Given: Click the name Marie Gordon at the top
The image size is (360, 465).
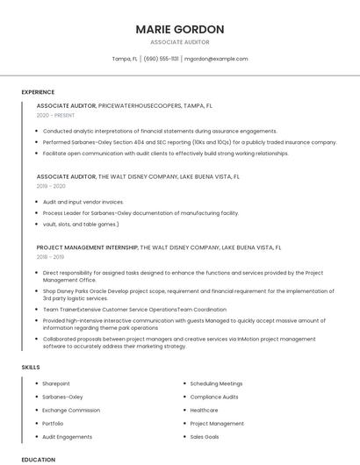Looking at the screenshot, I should coord(179,29).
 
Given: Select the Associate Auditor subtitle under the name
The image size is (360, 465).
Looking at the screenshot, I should coord(179,42).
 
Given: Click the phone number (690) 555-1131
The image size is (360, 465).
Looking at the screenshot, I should coord(161,59).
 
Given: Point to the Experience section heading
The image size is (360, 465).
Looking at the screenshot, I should coord(38,92).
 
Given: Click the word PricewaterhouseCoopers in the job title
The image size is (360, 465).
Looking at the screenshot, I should coord(140,105).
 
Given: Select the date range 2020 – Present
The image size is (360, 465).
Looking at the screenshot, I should coord(55,116).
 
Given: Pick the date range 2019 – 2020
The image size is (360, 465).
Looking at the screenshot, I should coord(51,186).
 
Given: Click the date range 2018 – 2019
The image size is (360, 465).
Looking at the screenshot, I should coord(50,257).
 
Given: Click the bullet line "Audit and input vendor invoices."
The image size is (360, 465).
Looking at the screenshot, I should coord(83,201).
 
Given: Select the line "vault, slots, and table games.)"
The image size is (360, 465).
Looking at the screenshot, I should coord(81,224).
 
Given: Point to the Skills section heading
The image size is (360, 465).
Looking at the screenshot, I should coord(31,368).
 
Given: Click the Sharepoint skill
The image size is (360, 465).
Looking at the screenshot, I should coord(56,383).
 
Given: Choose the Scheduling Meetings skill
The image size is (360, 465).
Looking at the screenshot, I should coord(216,383).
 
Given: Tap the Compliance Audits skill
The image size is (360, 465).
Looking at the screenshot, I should coord(214,397).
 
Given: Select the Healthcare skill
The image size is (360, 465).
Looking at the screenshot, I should coord(205,410).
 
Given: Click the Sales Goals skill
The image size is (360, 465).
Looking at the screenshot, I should coord(205,436).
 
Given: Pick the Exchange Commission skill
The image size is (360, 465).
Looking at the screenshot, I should coord(71,410).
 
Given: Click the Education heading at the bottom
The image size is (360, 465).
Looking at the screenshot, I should coord(39,459).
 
